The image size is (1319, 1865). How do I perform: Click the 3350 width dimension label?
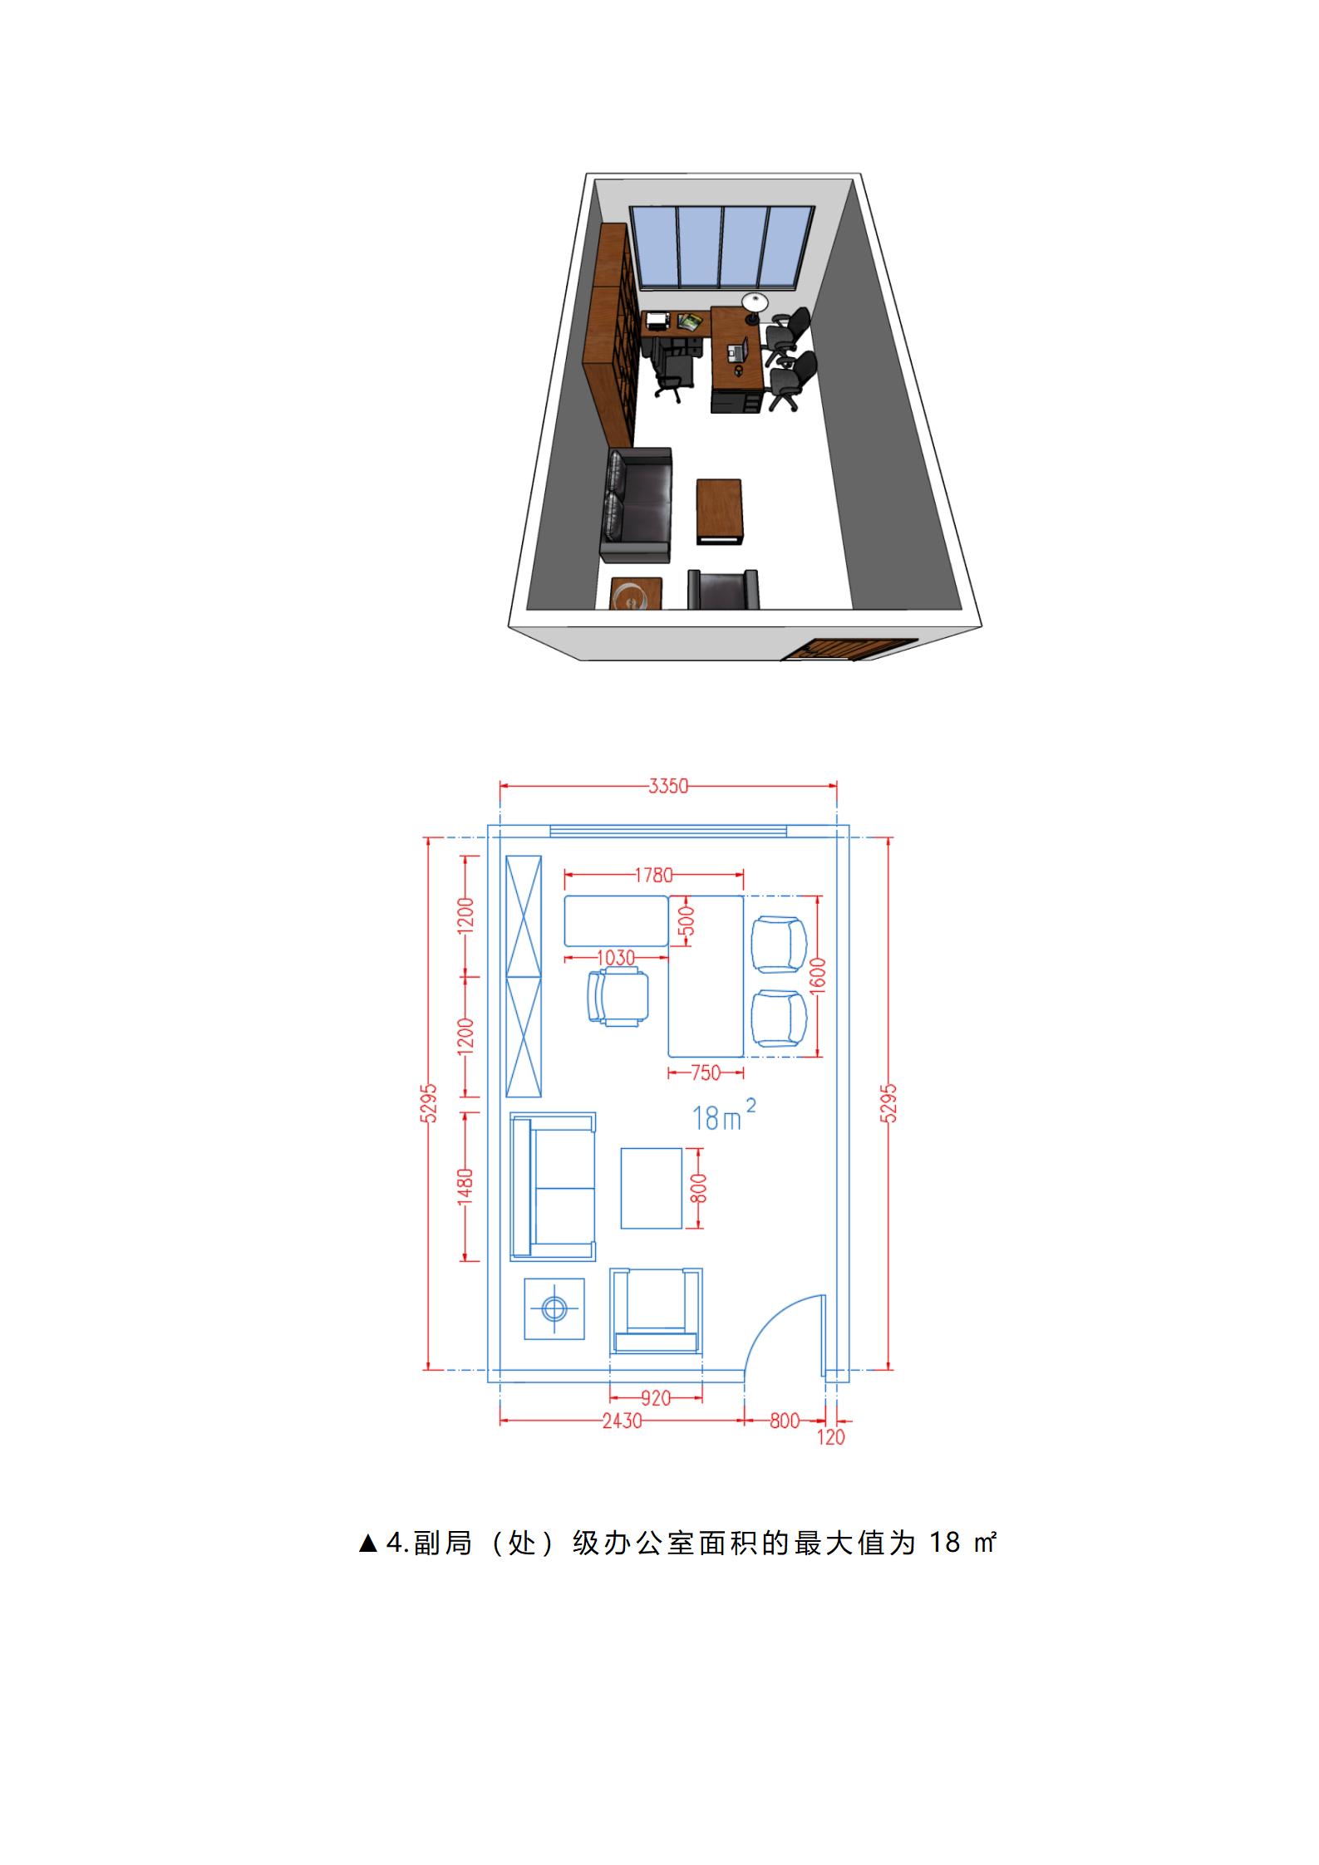pyautogui.click(x=668, y=785)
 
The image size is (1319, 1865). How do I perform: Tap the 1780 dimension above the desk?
pyautogui.click(x=653, y=875)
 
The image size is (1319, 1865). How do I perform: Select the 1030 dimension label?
pyautogui.click(x=616, y=958)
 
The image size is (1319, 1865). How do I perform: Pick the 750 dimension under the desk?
pyautogui.click(x=706, y=1072)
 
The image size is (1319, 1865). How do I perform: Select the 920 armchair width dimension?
pyautogui.click(x=656, y=1398)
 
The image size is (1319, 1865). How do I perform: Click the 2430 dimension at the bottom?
pyautogui.click(x=623, y=1421)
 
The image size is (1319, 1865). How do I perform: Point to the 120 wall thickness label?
pyautogui.click(x=831, y=1437)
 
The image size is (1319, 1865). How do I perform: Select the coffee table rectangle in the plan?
pyautogui.click(x=652, y=1188)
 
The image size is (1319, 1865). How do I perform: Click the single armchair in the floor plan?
pyautogui.click(x=656, y=1311)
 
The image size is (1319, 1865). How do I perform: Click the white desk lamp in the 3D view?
pyautogui.click(x=754, y=306)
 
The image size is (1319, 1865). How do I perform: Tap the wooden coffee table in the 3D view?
pyautogui.click(x=720, y=511)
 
